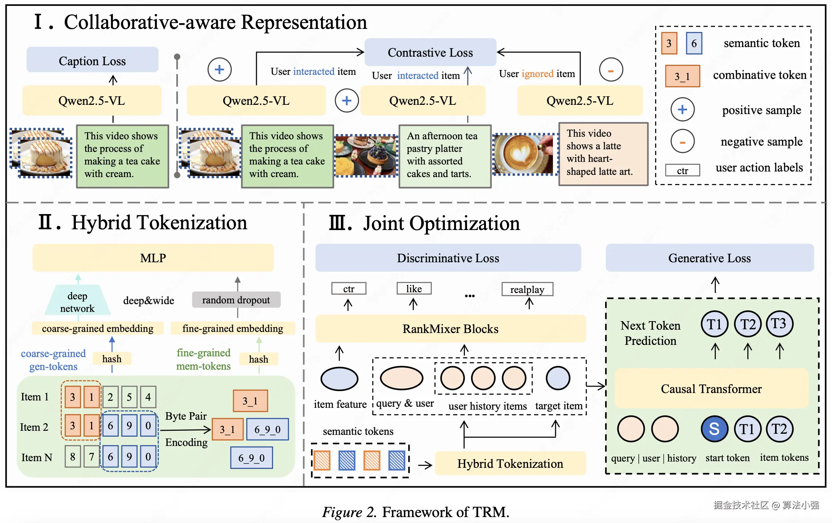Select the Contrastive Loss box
tap(430, 52)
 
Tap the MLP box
tap(153, 258)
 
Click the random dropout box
tap(236, 300)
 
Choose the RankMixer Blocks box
tap(450, 329)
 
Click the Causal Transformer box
tap(711, 389)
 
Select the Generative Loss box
tap(709, 258)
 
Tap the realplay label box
tap(527, 289)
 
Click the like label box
tap(414, 289)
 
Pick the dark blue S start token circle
tap(714, 429)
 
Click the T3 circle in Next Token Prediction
tap(779, 324)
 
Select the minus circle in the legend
tap(682, 141)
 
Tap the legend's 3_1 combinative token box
tap(682, 76)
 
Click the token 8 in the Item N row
tap(73, 456)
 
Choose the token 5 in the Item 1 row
tap(129, 397)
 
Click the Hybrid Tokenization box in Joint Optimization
tap(510, 463)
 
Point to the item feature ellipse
tap(339, 379)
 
